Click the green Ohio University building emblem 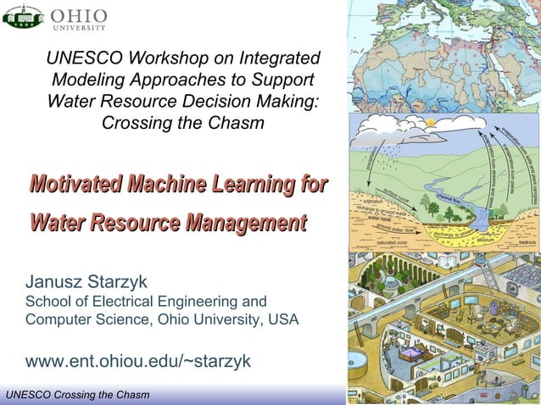(23, 16)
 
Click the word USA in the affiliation (281, 320)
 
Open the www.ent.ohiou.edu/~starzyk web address (138, 361)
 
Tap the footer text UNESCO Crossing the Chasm (77, 396)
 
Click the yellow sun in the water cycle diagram (432, 124)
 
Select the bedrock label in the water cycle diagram (526, 241)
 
